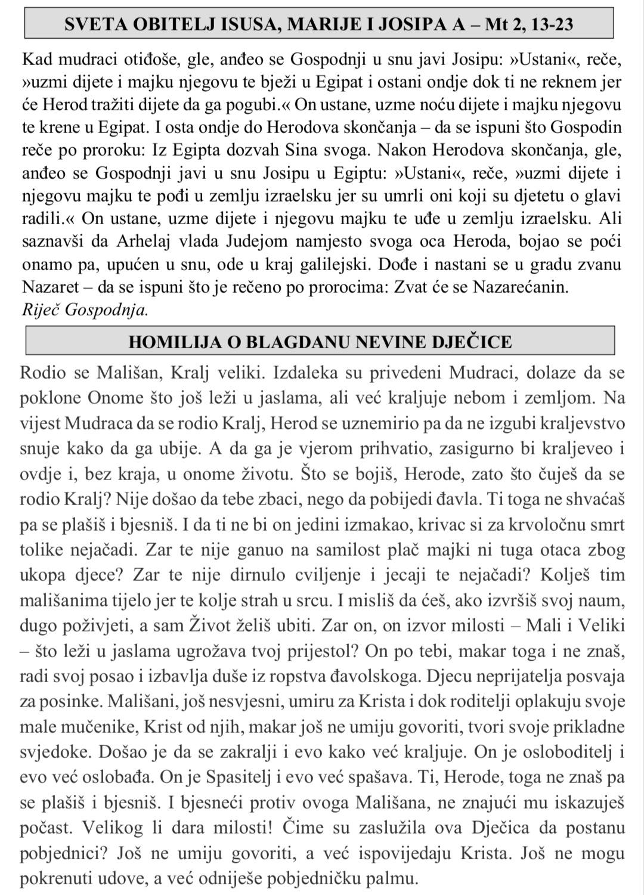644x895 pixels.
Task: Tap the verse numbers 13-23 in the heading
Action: point(556,24)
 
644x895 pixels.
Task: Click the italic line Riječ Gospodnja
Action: point(84,309)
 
